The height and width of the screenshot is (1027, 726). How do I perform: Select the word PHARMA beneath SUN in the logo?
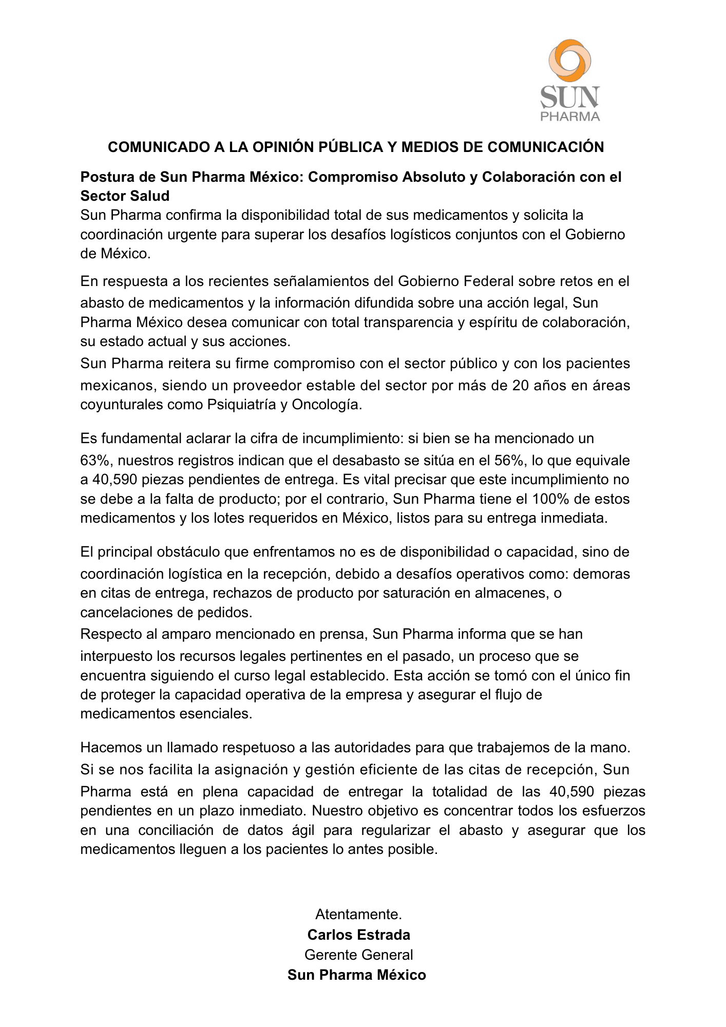click(570, 117)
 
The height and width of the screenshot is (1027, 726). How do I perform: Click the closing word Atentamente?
click(358, 914)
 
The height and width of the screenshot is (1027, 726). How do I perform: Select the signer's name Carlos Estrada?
click(358, 935)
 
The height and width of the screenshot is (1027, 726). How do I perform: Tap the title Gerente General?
click(358, 955)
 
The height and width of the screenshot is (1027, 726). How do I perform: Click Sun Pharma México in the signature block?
click(357, 975)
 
